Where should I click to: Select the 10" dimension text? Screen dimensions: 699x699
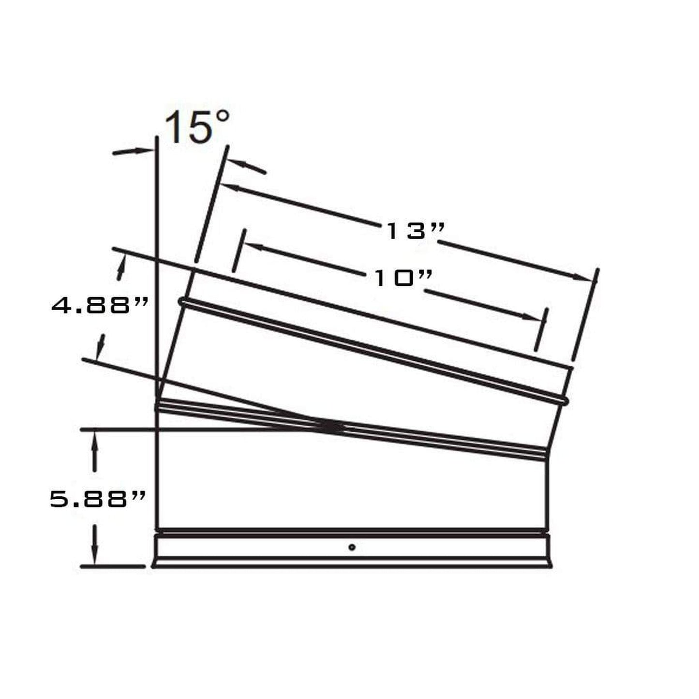tap(402, 278)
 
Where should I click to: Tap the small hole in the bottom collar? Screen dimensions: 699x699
tap(352, 547)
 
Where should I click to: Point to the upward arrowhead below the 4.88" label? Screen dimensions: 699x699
tap(100, 344)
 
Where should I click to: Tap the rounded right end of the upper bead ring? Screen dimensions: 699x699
tap(564, 400)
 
